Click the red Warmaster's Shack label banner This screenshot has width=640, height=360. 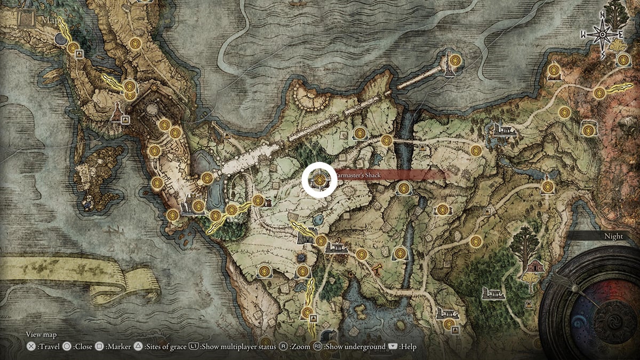click(389, 175)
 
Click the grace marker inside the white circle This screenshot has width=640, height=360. click(319, 180)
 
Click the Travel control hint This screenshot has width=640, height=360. click(42, 347)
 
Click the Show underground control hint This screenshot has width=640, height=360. click(349, 347)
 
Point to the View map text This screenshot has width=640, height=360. click(42, 334)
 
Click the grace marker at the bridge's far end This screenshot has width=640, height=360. click(454, 60)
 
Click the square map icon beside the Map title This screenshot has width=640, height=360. click(26, 20)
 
